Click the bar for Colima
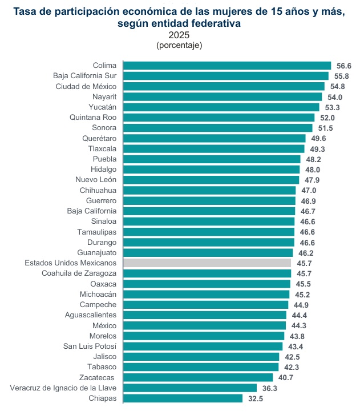click(x=227, y=66)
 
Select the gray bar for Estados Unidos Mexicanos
click(x=207, y=263)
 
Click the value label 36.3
click(x=270, y=388)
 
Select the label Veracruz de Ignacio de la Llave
click(x=63, y=388)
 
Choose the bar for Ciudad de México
click(x=224, y=86)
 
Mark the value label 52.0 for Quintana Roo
click(x=327, y=118)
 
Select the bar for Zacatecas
click(x=198, y=377)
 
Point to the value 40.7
click(x=286, y=377)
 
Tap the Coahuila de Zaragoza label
click(x=79, y=273)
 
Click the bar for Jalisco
click(x=201, y=357)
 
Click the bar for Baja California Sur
click(x=226, y=76)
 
